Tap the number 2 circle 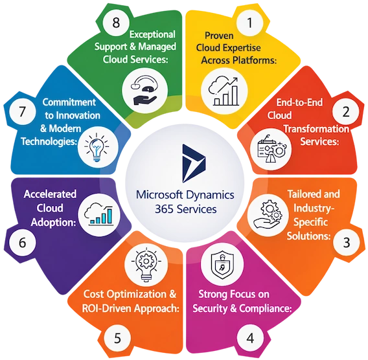346,111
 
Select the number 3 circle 347,243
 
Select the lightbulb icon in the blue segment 91,146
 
